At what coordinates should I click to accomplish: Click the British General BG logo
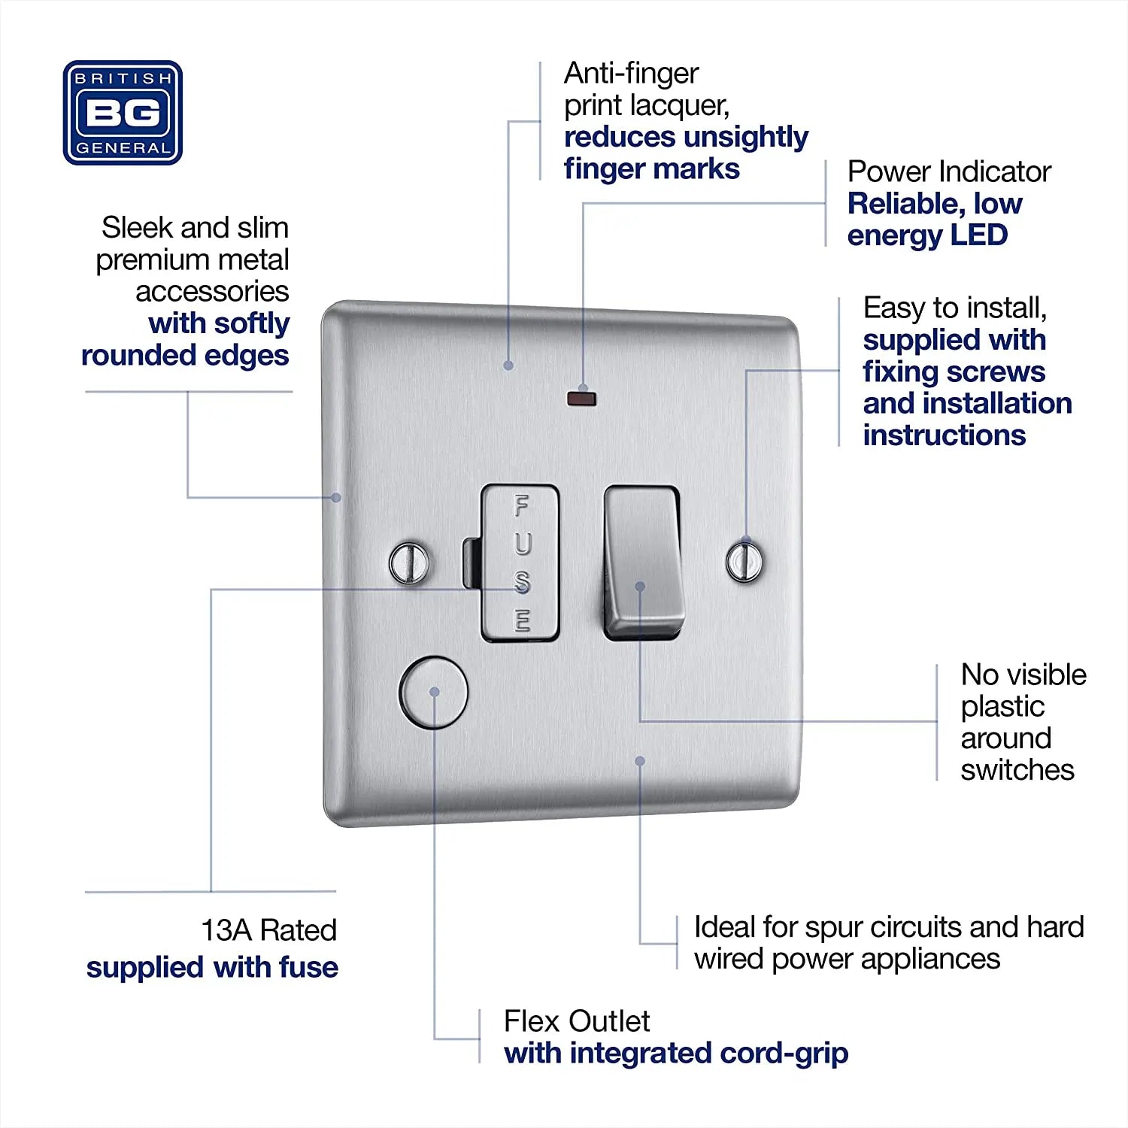pos(123,113)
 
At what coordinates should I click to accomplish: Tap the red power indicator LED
pos(581,398)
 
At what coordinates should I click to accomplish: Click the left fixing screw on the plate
pos(410,562)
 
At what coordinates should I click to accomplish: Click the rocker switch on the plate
pos(643,562)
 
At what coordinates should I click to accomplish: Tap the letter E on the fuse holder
pos(523,620)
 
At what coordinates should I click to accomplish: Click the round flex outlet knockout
pos(433,692)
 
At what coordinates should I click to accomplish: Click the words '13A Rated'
pos(268,930)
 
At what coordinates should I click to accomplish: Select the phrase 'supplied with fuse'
pos(212,967)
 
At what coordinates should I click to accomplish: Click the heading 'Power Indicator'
pos(949,172)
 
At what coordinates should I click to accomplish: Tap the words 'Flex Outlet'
pos(577,1021)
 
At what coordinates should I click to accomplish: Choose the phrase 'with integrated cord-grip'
pos(676,1054)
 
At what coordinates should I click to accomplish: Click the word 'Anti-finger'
pos(632,74)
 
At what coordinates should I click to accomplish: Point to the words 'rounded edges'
pos(185,356)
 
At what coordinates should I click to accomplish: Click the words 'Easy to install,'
pos(955,308)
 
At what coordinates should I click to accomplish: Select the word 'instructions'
pos(945,435)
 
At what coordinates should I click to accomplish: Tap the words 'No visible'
pos(1023,675)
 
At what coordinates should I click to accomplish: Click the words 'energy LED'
pos(927,235)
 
